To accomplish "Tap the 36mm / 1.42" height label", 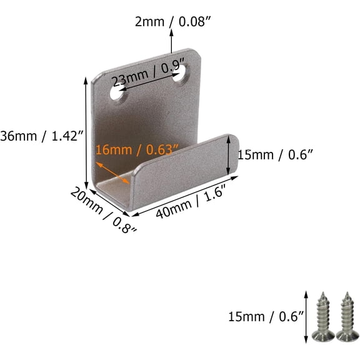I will pos(41,136).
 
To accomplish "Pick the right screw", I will pos(347,316).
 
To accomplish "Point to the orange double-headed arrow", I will pos(113,172).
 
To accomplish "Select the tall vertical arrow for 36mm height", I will pos(86,134).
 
